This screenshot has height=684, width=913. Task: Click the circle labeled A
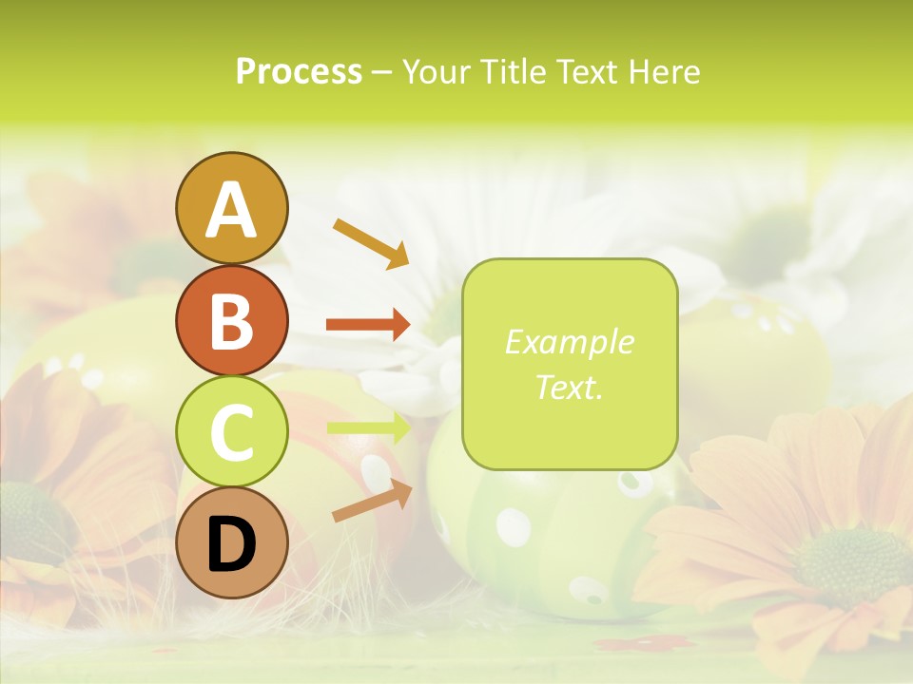[231, 208]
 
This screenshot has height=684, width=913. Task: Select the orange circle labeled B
[231, 320]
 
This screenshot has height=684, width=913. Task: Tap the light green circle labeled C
[231, 431]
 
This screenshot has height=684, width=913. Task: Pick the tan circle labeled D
[231, 542]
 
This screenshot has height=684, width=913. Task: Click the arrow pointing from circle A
[371, 242]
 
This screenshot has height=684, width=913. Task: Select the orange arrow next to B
[368, 325]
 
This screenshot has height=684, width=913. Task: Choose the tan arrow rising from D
[372, 501]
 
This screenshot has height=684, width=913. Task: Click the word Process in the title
[299, 71]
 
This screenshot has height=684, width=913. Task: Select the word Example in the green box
[569, 342]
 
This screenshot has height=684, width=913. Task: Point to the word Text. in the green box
[569, 387]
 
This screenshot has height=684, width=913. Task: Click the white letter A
[231, 210]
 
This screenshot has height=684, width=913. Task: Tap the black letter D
[231, 544]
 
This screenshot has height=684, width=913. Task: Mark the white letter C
[231, 433]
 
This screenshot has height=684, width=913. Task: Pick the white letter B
[231, 321]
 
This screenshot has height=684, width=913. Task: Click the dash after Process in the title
[381, 72]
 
